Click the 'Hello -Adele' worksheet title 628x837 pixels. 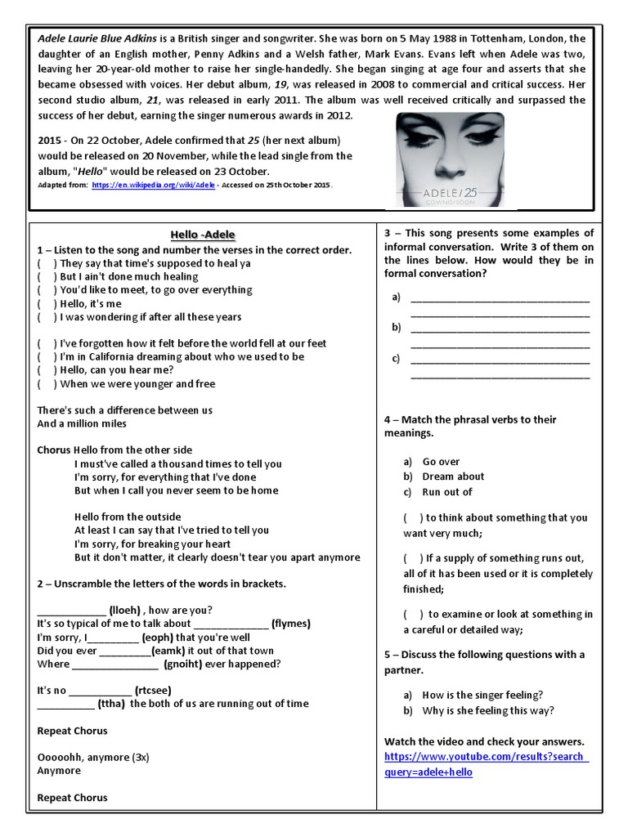click(203, 235)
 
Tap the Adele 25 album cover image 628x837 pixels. click(450, 159)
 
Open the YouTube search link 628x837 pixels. click(486, 763)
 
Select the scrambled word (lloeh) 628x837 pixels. click(127, 610)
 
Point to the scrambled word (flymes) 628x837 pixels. click(291, 624)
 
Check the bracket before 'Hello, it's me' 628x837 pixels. click(47, 303)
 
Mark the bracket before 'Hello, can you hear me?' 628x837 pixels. click(47, 370)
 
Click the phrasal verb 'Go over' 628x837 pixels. click(441, 462)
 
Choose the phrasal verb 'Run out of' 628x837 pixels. click(447, 492)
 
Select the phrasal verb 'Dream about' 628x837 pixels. click(453, 477)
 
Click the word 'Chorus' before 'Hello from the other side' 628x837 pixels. click(54, 450)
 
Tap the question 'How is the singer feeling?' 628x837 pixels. click(482, 695)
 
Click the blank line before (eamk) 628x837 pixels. click(125, 651)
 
